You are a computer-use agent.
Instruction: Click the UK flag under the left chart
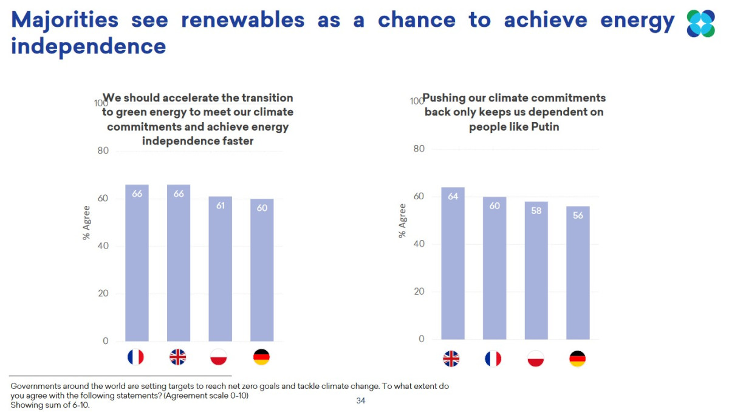[x=177, y=357]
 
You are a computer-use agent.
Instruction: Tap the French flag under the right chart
[x=493, y=359]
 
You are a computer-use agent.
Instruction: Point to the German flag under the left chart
[x=261, y=357]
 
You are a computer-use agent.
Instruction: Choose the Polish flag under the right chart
[x=535, y=359]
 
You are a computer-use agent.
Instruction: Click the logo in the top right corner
[x=700, y=24]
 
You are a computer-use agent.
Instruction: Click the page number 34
[x=361, y=400]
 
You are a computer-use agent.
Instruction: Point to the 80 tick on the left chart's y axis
[x=103, y=151]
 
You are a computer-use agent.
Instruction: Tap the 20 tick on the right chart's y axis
[x=419, y=292]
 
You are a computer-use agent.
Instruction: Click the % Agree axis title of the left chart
[x=86, y=222]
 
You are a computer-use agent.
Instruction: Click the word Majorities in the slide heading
[x=65, y=20]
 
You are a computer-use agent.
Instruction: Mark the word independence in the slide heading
[x=89, y=46]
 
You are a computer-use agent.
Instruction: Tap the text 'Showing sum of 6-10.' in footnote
[x=50, y=405]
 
